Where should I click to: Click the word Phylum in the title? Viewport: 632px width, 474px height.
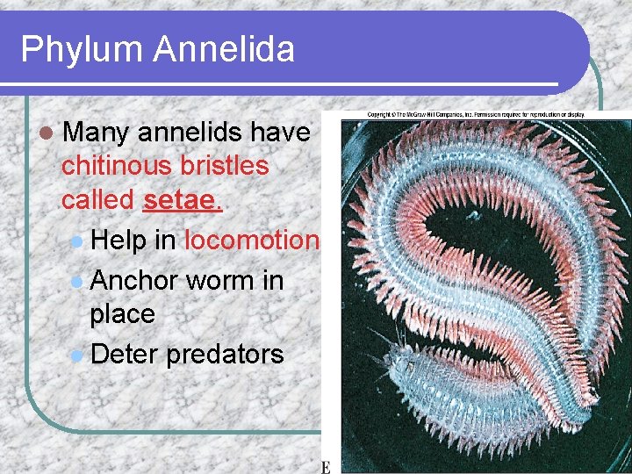click(82, 49)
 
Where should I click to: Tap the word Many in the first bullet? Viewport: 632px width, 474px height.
click(97, 133)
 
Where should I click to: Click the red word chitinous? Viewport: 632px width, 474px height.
click(120, 166)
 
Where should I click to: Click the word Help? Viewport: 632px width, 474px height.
click(118, 240)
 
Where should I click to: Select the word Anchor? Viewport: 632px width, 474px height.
click(134, 280)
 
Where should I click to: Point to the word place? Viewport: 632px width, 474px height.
click(122, 313)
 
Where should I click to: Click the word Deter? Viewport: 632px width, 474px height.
click(124, 354)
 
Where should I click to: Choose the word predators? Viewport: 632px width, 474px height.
click(224, 355)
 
